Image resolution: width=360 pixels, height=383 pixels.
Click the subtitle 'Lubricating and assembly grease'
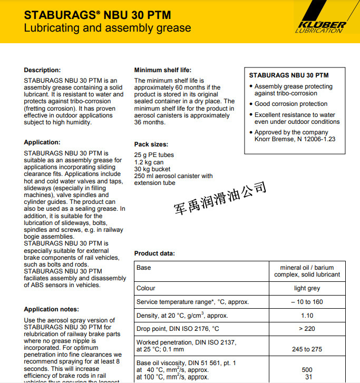[x=108, y=28]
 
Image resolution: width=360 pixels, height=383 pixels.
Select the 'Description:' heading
[x=42, y=70]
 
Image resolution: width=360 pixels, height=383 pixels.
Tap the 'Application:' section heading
[x=42, y=142]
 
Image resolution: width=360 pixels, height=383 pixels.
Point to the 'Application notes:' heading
[x=52, y=309]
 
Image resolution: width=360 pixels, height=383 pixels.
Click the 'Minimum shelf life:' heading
[x=163, y=70]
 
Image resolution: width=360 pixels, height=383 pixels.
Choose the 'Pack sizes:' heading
[x=151, y=144]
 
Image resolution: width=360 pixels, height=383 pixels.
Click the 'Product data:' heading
[x=154, y=253]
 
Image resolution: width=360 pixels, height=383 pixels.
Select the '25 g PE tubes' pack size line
[x=154, y=155]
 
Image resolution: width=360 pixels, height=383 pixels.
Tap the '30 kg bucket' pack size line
[x=152, y=169]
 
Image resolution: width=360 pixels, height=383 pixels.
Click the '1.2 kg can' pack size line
[x=149, y=162]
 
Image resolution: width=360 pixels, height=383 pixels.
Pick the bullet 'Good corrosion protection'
[x=291, y=104]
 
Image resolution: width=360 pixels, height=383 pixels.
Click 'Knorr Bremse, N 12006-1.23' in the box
[x=295, y=140]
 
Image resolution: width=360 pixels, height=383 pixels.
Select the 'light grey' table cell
[x=307, y=288]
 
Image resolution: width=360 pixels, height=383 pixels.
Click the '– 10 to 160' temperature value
[x=307, y=302]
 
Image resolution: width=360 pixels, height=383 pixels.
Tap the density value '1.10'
[x=307, y=316]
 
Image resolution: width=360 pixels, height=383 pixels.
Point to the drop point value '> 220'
[x=307, y=329]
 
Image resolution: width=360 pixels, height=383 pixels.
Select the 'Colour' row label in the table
[x=146, y=288]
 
